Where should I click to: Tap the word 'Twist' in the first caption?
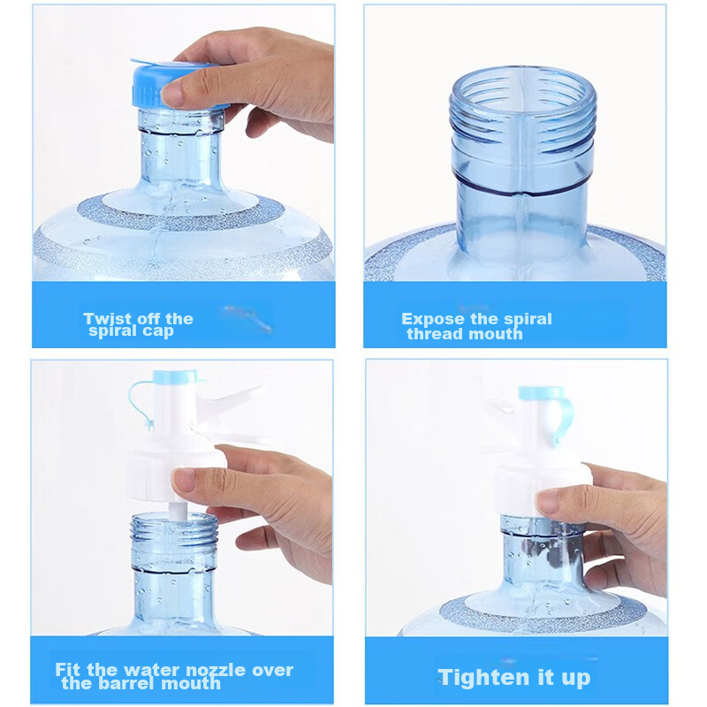(x=107, y=319)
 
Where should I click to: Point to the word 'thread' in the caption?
(x=434, y=334)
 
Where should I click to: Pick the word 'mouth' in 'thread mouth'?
(x=495, y=334)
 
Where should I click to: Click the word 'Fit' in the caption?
(x=69, y=670)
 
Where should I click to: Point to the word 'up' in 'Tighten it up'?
(x=576, y=679)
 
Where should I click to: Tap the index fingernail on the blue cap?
(x=173, y=93)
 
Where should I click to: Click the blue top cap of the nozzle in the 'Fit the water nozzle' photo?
(x=175, y=377)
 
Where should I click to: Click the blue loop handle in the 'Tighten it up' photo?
(x=564, y=417)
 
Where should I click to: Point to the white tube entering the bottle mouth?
(x=178, y=511)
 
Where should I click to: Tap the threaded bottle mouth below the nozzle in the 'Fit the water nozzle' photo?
(x=174, y=541)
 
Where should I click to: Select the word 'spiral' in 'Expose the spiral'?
(x=528, y=319)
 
